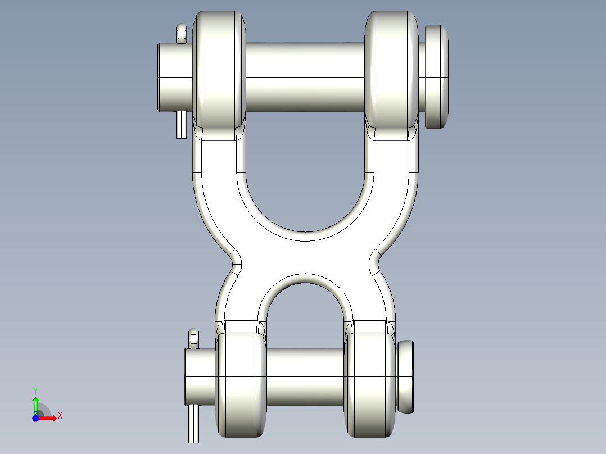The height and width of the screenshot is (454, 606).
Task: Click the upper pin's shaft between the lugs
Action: click(305, 77)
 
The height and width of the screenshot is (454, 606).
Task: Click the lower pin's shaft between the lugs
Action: click(305, 375)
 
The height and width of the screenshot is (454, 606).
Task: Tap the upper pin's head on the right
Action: click(437, 76)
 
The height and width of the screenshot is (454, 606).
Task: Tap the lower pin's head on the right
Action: click(406, 375)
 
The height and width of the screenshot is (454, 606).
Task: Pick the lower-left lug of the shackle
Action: click(241, 384)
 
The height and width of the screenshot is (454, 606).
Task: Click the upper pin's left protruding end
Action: click(174, 76)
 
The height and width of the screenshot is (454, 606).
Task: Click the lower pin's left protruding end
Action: click(200, 375)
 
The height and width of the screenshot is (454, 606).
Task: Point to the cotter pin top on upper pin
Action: click(181, 34)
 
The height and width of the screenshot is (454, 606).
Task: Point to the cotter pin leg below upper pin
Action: click(181, 125)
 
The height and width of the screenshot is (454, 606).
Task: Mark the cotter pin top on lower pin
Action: click(194, 338)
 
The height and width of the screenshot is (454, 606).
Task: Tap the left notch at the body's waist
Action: click(237, 259)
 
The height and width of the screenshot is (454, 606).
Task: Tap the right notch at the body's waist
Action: click(374, 259)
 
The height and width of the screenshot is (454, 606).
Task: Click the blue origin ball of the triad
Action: click(35, 418)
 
